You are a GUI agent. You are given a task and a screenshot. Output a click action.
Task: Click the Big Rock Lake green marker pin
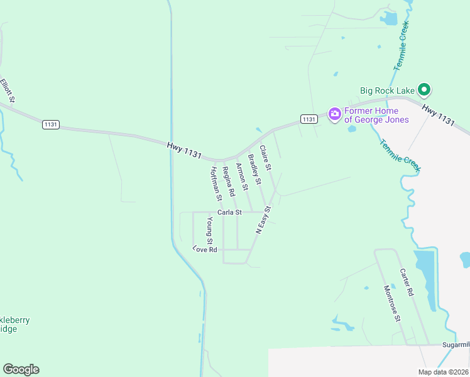pyautogui.click(x=424, y=90)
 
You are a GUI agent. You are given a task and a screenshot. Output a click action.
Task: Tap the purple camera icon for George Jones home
pyautogui.click(x=335, y=114)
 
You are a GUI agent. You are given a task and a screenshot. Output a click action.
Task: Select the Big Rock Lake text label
pyautogui.click(x=388, y=90)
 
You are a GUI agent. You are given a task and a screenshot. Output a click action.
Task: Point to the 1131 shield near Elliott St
pyautogui.click(x=51, y=124)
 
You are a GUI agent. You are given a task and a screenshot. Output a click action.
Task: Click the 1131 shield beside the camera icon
pyautogui.click(x=309, y=119)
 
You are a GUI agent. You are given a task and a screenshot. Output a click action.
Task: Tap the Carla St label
pyautogui.click(x=229, y=212)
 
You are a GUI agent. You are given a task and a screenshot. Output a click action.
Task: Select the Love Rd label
pyautogui.click(x=205, y=249)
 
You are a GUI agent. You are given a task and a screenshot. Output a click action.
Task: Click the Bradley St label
pyautogui.click(x=254, y=169)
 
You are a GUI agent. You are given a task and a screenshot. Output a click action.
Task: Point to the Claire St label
pyautogui.click(x=265, y=158)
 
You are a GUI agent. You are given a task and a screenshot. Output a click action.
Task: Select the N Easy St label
pyautogui.click(x=263, y=220)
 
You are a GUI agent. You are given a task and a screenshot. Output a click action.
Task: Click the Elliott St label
pyautogui.click(x=8, y=90)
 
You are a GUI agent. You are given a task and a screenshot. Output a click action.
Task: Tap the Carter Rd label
pyautogui.click(x=407, y=282)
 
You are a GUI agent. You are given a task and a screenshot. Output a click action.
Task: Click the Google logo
pyautogui.click(x=21, y=369)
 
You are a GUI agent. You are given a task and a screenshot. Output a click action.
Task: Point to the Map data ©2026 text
pyautogui.click(x=443, y=372)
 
